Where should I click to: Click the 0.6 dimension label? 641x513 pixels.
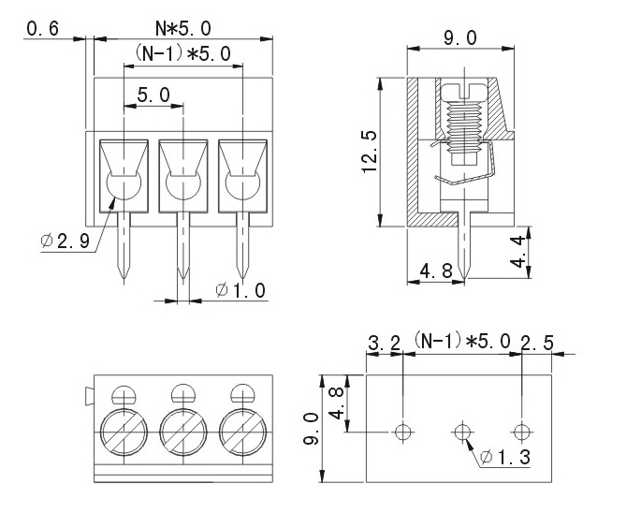pyautogui.click(x=43, y=29)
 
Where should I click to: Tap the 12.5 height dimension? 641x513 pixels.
pyautogui.click(x=371, y=152)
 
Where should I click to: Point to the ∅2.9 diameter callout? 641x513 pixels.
pyautogui.click(x=65, y=242)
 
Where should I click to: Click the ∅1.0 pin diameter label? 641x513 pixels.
pyautogui.click(x=240, y=291)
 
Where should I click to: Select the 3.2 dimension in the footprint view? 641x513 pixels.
pyautogui.click(x=384, y=344)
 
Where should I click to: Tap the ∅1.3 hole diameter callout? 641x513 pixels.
pyautogui.click(x=506, y=459)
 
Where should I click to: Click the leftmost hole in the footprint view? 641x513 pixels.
pyautogui.click(x=403, y=432)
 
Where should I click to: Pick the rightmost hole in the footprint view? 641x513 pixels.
pyautogui.click(x=521, y=432)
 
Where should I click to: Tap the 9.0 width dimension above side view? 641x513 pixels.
pyautogui.click(x=459, y=37)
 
